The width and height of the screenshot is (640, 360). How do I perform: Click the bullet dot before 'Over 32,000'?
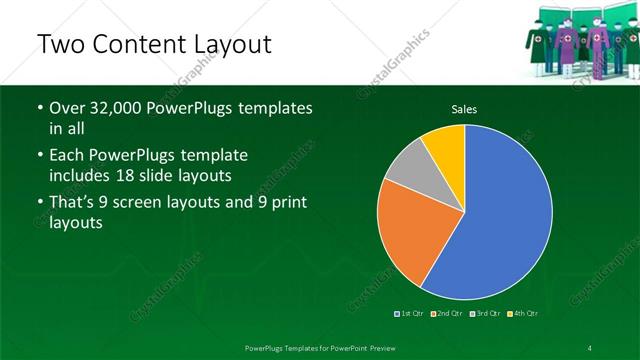coord(39,109)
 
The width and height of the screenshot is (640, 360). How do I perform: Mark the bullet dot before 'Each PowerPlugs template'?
coord(39,156)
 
